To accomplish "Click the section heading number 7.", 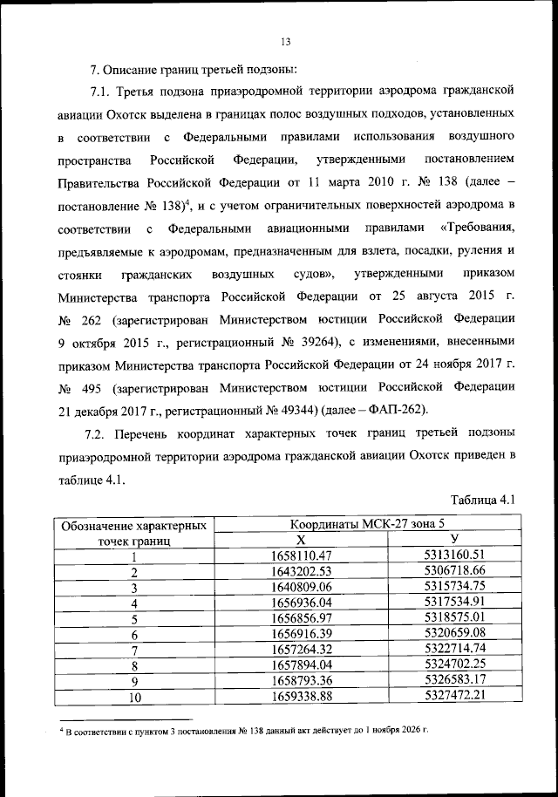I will click(x=96, y=68).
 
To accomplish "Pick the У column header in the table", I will click(x=454, y=541).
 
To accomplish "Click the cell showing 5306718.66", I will click(x=454, y=571).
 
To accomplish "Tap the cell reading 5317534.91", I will click(x=454, y=603).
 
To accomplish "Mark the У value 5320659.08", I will click(x=454, y=634).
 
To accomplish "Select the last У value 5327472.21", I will click(x=454, y=696).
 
